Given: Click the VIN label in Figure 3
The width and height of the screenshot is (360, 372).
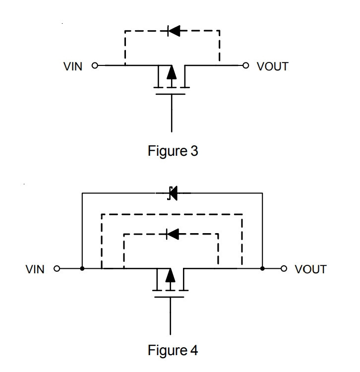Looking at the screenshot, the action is (x=73, y=66).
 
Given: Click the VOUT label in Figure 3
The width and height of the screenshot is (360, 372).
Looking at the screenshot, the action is (x=273, y=66).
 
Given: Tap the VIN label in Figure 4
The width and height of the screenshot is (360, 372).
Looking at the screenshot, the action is (x=35, y=269).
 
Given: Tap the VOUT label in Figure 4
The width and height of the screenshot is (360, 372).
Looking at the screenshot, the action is (x=311, y=269).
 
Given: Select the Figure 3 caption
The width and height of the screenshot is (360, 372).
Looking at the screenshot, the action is (x=173, y=151).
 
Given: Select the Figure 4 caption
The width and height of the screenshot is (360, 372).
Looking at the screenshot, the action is (x=173, y=350).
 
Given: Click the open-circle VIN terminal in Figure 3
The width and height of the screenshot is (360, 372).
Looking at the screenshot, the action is (x=95, y=65).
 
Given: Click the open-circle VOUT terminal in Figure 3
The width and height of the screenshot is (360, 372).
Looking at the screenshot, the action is (x=246, y=65).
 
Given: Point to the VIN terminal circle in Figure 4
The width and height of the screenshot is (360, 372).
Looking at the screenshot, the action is (x=57, y=268).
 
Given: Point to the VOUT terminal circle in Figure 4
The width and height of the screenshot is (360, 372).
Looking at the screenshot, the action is (x=284, y=268).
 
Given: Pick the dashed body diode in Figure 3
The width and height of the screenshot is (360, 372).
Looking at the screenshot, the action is (x=174, y=31).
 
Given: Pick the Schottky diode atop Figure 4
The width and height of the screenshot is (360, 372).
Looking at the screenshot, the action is (x=173, y=193).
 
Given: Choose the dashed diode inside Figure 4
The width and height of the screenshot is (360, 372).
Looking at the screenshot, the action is (x=173, y=234).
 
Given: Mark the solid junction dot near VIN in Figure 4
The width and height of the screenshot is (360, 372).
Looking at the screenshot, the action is (x=82, y=268).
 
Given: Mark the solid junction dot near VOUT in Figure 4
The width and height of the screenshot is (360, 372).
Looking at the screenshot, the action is (x=262, y=268).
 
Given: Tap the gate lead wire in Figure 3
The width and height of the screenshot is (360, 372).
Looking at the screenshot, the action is (x=172, y=113).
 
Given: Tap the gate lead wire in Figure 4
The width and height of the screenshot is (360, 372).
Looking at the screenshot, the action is (x=170, y=316).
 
